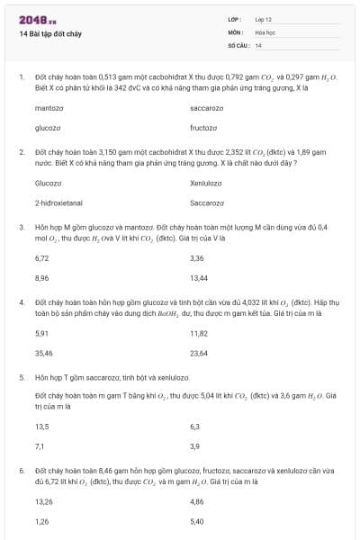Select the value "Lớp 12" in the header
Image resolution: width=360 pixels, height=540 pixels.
click(264, 19)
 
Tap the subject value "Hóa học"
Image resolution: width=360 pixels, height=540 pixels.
click(265, 31)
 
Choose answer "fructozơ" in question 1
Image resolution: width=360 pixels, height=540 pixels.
click(204, 128)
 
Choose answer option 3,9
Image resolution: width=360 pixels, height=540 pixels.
click(195, 445)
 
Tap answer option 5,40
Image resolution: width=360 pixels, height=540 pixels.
click(197, 521)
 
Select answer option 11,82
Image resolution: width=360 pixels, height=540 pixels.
click(199, 333)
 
